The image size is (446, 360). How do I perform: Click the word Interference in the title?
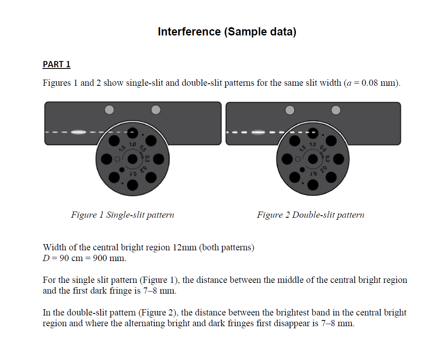coord(189,32)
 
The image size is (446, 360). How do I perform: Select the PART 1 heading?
coord(57,64)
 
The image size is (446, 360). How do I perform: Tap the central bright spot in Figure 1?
coord(78,132)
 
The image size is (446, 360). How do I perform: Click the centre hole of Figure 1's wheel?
coord(132,158)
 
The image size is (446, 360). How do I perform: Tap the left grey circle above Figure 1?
coord(109,110)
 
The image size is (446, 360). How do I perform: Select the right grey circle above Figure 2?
coord(336,110)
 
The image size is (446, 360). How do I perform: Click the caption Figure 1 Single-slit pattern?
coord(123,215)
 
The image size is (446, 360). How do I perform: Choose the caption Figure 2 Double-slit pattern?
coord(310,215)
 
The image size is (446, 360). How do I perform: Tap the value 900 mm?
coord(111,259)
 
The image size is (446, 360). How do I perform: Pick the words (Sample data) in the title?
coord(260,32)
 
